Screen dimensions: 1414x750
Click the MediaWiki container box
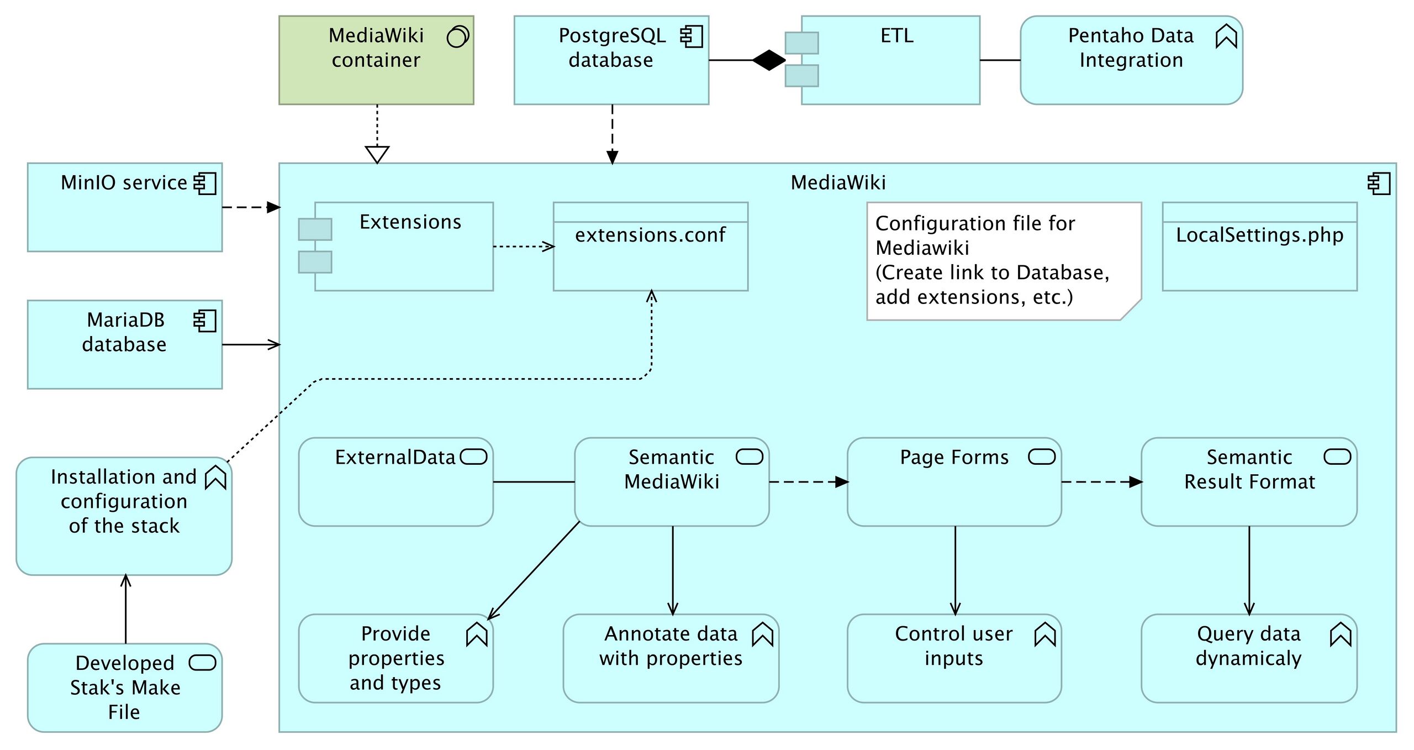point(376,60)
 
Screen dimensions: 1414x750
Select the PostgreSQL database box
point(611,60)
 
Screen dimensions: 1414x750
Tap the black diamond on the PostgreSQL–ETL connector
point(769,60)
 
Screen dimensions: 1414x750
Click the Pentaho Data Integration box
point(1131,60)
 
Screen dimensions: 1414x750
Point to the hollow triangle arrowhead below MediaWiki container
point(377,154)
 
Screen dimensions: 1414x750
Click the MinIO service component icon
point(205,183)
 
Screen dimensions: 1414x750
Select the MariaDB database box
point(125,344)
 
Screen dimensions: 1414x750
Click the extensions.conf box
point(651,246)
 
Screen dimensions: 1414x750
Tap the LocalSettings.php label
point(1259,235)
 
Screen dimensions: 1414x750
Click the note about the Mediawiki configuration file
point(1004,261)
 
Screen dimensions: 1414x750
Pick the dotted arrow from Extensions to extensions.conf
point(524,246)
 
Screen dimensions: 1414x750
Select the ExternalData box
point(395,482)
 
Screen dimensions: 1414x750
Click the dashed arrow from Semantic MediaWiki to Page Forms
point(809,482)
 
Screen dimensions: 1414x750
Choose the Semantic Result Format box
point(1249,482)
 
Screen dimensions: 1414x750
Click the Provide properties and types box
point(395,658)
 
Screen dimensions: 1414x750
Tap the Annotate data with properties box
point(671,658)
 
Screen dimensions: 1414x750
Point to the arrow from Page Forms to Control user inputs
point(955,570)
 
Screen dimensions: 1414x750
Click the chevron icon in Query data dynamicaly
point(1341,634)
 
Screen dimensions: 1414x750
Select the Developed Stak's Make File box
point(125,688)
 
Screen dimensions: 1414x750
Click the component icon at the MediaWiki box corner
point(1379,184)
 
